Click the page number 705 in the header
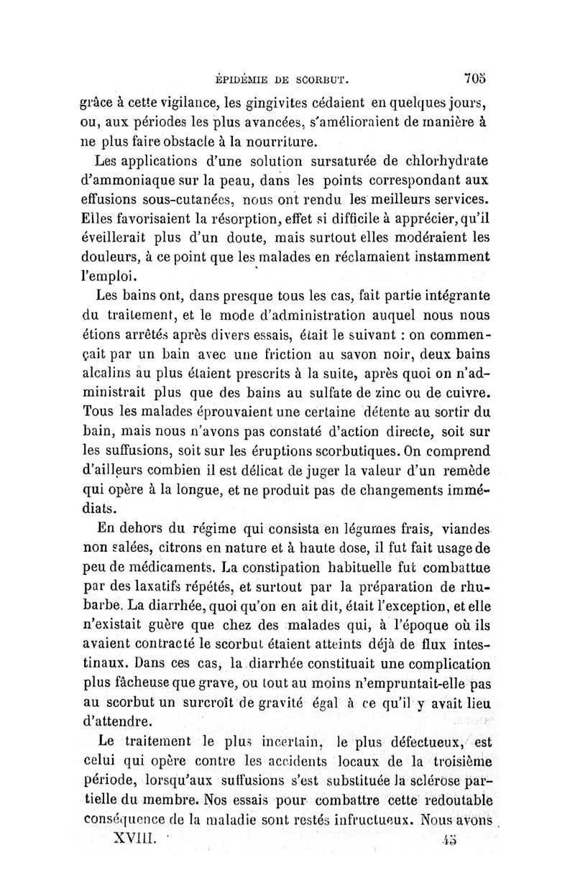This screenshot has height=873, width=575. click(475, 78)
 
